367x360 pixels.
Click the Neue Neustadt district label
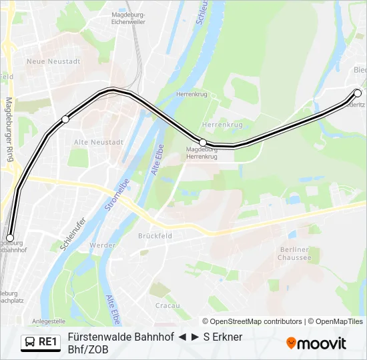tap(53, 61)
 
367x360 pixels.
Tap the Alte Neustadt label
tap(99, 143)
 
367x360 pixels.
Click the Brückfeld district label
tap(155, 235)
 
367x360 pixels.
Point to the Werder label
tap(103, 245)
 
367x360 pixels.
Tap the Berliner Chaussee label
tap(294, 253)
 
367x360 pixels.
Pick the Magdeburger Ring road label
tap(9, 130)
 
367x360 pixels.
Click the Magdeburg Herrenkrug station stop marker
tap(203, 143)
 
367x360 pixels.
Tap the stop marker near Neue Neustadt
tap(65, 119)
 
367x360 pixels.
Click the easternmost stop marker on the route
tap(357, 93)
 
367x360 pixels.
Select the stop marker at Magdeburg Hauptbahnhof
tap(10, 237)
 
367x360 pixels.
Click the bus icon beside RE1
tap(30, 342)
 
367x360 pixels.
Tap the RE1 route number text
tap(49, 342)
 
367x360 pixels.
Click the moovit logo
tap(316, 343)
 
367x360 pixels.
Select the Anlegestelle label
tap(49, 321)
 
